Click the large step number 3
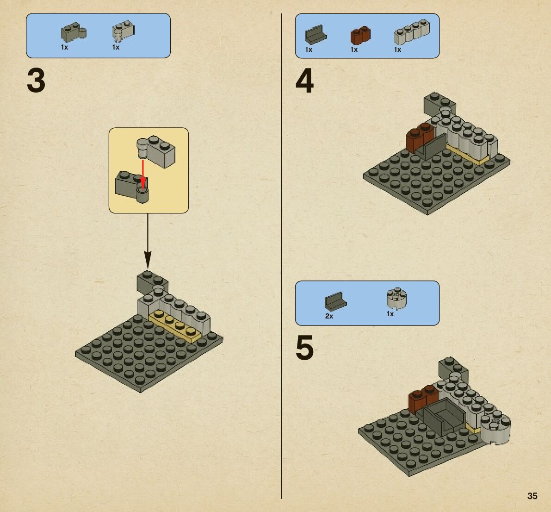pyautogui.click(x=36, y=81)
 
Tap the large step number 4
pyautogui.click(x=304, y=81)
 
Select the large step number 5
pyautogui.click(x=304, y=348)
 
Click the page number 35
pyautogui.click(x=532, y=496)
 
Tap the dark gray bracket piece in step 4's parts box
pyautogui.click(x=316, y=34)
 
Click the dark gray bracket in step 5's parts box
pyautogui.click(x=335, y=302)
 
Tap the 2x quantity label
pyautogui.click(x=329, y=316)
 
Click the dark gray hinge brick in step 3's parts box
pyautogui.click(x=74, y=32)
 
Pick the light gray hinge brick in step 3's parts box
pyautogui.click(x=123, y=31)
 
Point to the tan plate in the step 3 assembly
pyautogui.click(x=175, y=325)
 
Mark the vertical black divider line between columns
pyautogui.click(x=281, y=256)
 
